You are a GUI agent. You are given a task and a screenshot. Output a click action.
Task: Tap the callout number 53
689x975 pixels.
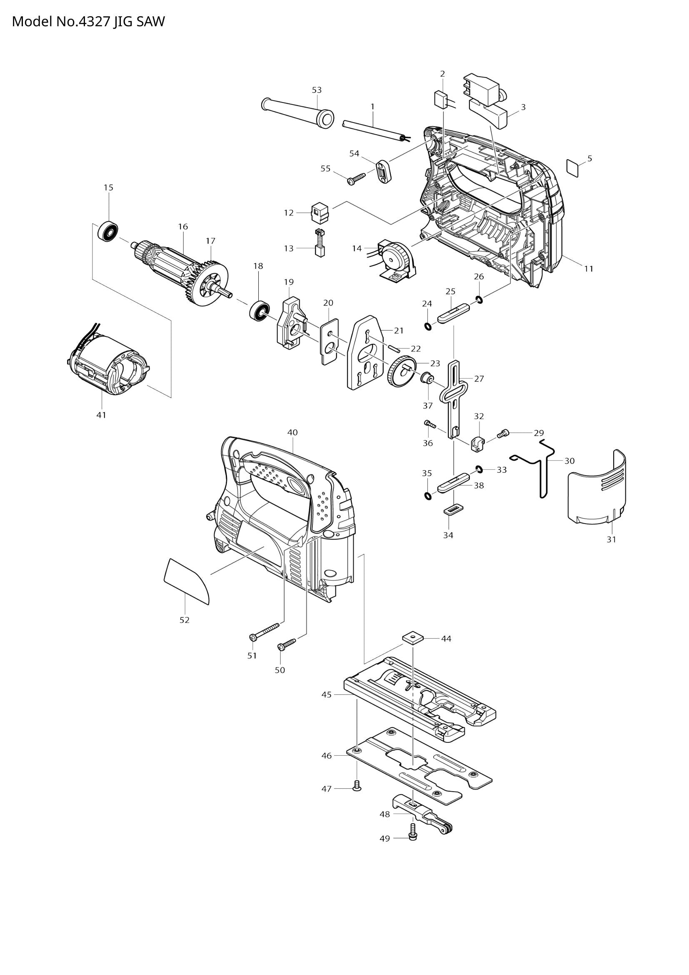pos(317,90)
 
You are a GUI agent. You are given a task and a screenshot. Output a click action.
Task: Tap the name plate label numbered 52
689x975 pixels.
pos(187,581)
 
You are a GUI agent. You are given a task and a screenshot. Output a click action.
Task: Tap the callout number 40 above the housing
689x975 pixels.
pos(292,432)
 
